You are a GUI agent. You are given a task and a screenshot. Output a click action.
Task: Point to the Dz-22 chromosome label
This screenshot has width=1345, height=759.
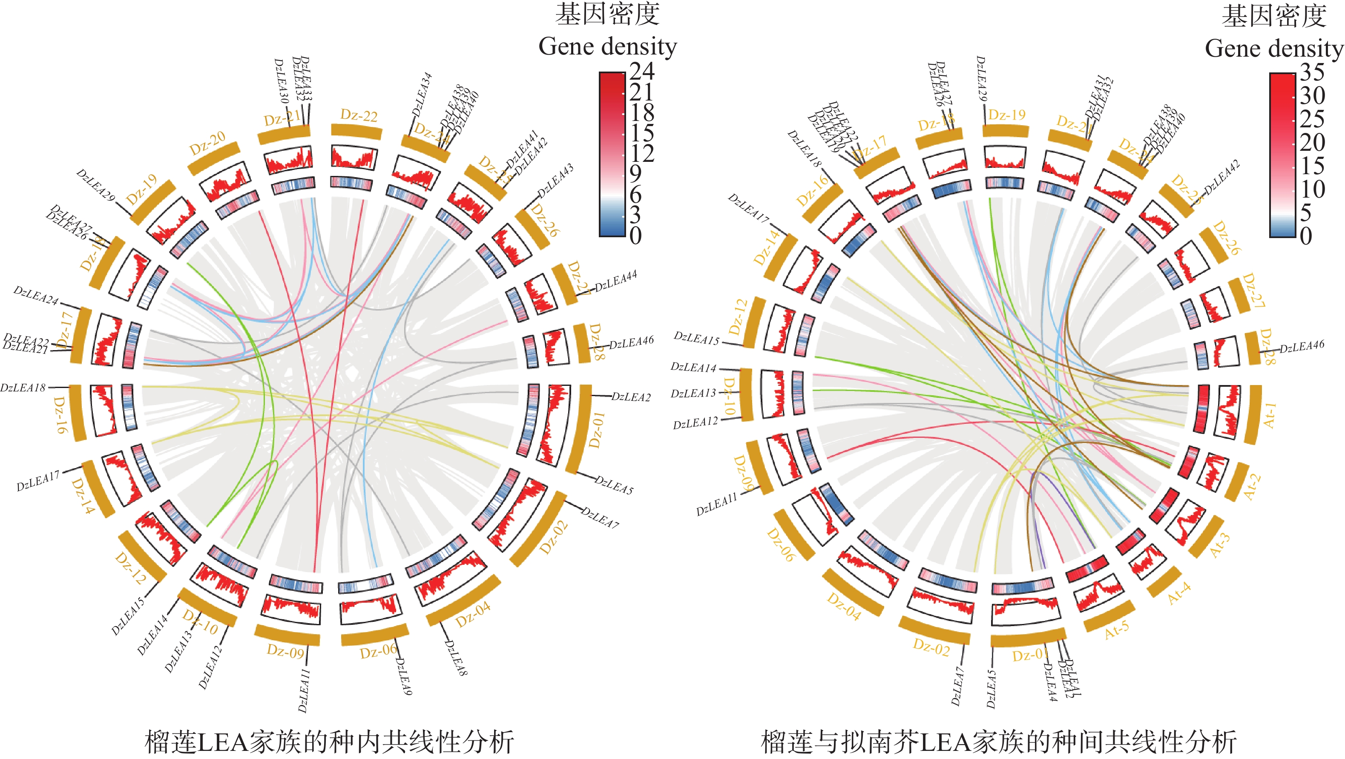[x=359, y=115]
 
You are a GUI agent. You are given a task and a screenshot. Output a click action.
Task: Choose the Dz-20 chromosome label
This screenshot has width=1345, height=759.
[x=207, y=143]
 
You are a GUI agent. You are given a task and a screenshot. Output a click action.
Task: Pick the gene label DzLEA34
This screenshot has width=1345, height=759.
[x=422, y=95]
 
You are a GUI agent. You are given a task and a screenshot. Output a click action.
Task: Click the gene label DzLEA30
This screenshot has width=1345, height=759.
[x=282, y=80]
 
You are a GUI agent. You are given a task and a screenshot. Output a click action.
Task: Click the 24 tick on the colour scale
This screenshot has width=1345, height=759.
[x=642, y=71]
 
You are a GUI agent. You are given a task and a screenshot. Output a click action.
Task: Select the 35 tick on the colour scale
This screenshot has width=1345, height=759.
[x=1312, y=72]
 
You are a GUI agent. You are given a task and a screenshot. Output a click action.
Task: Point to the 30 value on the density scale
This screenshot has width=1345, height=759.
[x=1312, y=95]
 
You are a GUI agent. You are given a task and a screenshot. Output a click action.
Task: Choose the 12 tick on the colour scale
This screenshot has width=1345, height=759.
[x=642, y=153]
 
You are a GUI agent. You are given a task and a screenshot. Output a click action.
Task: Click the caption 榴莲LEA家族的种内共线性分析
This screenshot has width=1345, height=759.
[x=330, y=742]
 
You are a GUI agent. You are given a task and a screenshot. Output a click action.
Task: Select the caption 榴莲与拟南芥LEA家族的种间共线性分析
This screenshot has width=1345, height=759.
[x=998, y=742]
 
